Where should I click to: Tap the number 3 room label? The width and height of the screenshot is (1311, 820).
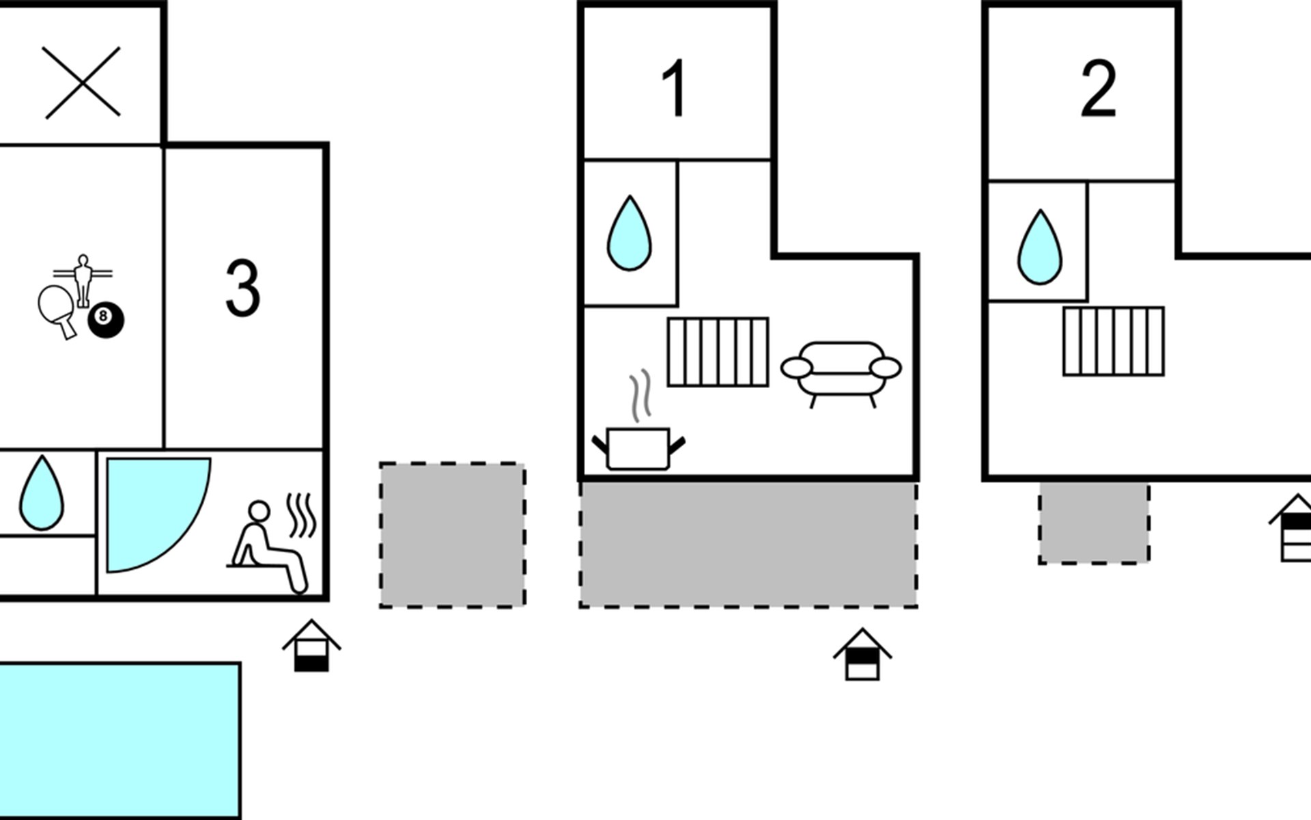point(243,288)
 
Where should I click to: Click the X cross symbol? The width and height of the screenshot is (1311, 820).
point(81,82)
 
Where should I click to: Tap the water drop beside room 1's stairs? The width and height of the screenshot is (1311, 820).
point(629,233)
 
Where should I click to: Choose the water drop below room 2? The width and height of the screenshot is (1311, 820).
point(1040,247)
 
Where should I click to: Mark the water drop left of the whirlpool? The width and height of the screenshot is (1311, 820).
point(42,493)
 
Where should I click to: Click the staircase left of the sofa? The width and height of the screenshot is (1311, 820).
point(718,352)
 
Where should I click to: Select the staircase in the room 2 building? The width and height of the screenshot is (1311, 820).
point(1114,342)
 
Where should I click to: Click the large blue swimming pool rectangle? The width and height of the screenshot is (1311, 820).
point(119,741)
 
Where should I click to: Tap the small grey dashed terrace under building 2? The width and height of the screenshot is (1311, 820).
point(1094,523)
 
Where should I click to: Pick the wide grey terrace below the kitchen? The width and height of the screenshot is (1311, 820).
point(748,544)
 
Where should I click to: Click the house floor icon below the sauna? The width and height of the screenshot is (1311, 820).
point(311,646)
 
